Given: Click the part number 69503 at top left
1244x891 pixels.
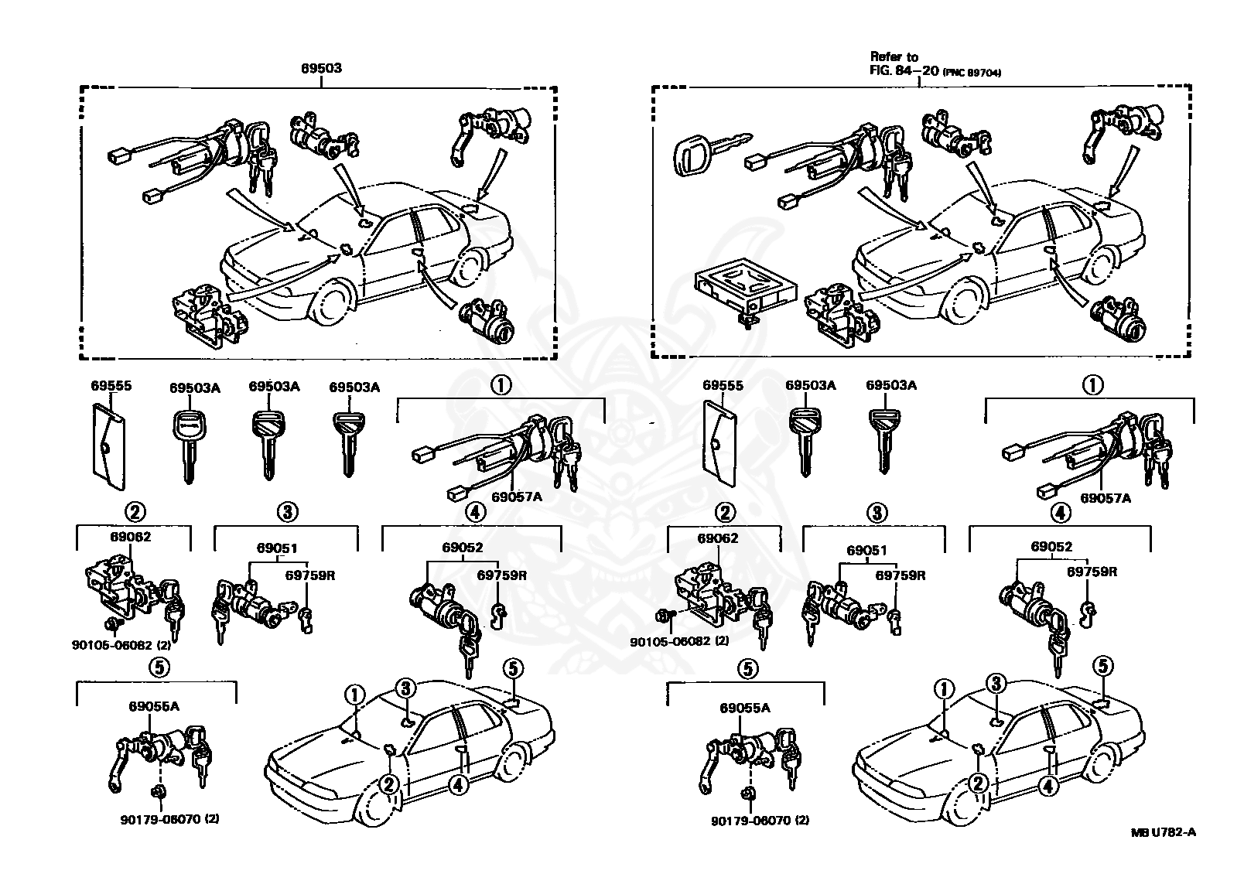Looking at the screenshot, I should click(x=321, y=68).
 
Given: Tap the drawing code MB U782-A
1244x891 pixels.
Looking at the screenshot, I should click(x=1163, y=832).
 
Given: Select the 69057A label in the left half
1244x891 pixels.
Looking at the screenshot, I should click(x=517, y=497).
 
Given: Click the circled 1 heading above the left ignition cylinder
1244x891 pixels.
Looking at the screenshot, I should click(x=501, y=384).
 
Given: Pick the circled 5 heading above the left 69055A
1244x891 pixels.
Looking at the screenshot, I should click(x=157, y=666).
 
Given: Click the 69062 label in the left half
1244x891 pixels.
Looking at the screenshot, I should click(x=131, y=537).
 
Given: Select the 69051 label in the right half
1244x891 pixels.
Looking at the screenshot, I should click(x=866, y=551).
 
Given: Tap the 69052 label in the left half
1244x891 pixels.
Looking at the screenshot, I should click(x=462, y=548).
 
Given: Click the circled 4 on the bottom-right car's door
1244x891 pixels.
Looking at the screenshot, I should click(x=1048, y=786).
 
